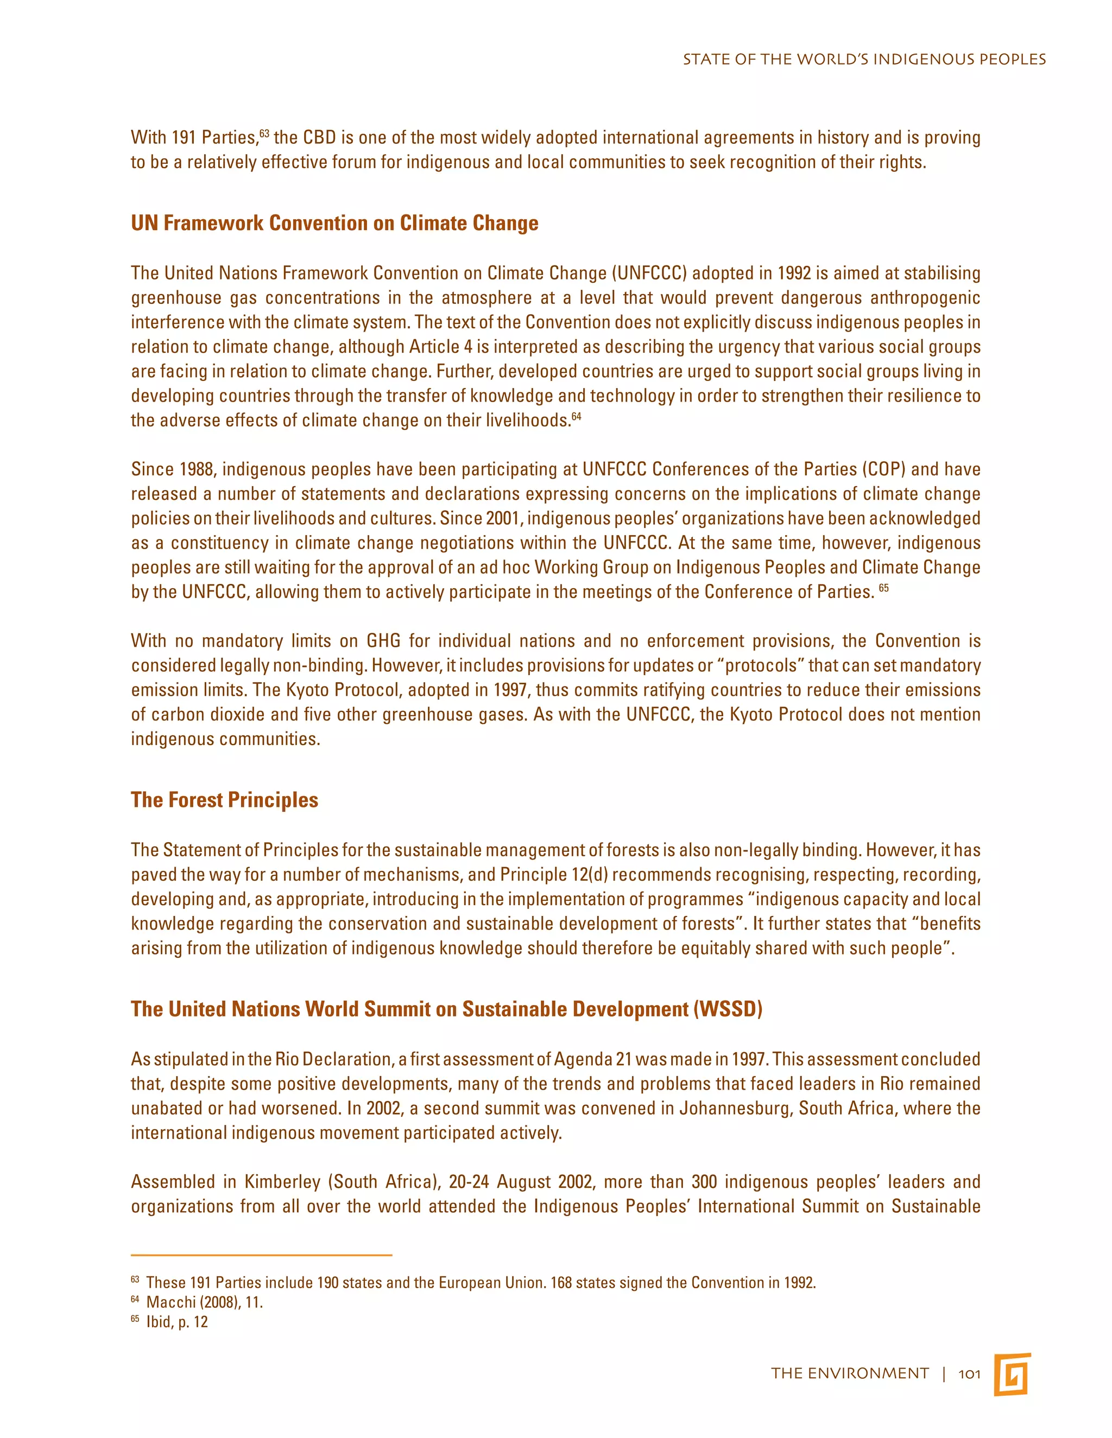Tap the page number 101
coord(969,1373)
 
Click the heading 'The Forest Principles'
coord(225,800)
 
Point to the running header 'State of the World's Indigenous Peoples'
coord(864,59)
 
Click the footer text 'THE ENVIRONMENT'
coord(850,1373)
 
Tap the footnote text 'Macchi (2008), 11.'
coord(204,1302)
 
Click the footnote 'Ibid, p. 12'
coord(176,1321)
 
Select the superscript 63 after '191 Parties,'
coord(264,133)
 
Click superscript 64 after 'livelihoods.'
coord(577,416)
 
